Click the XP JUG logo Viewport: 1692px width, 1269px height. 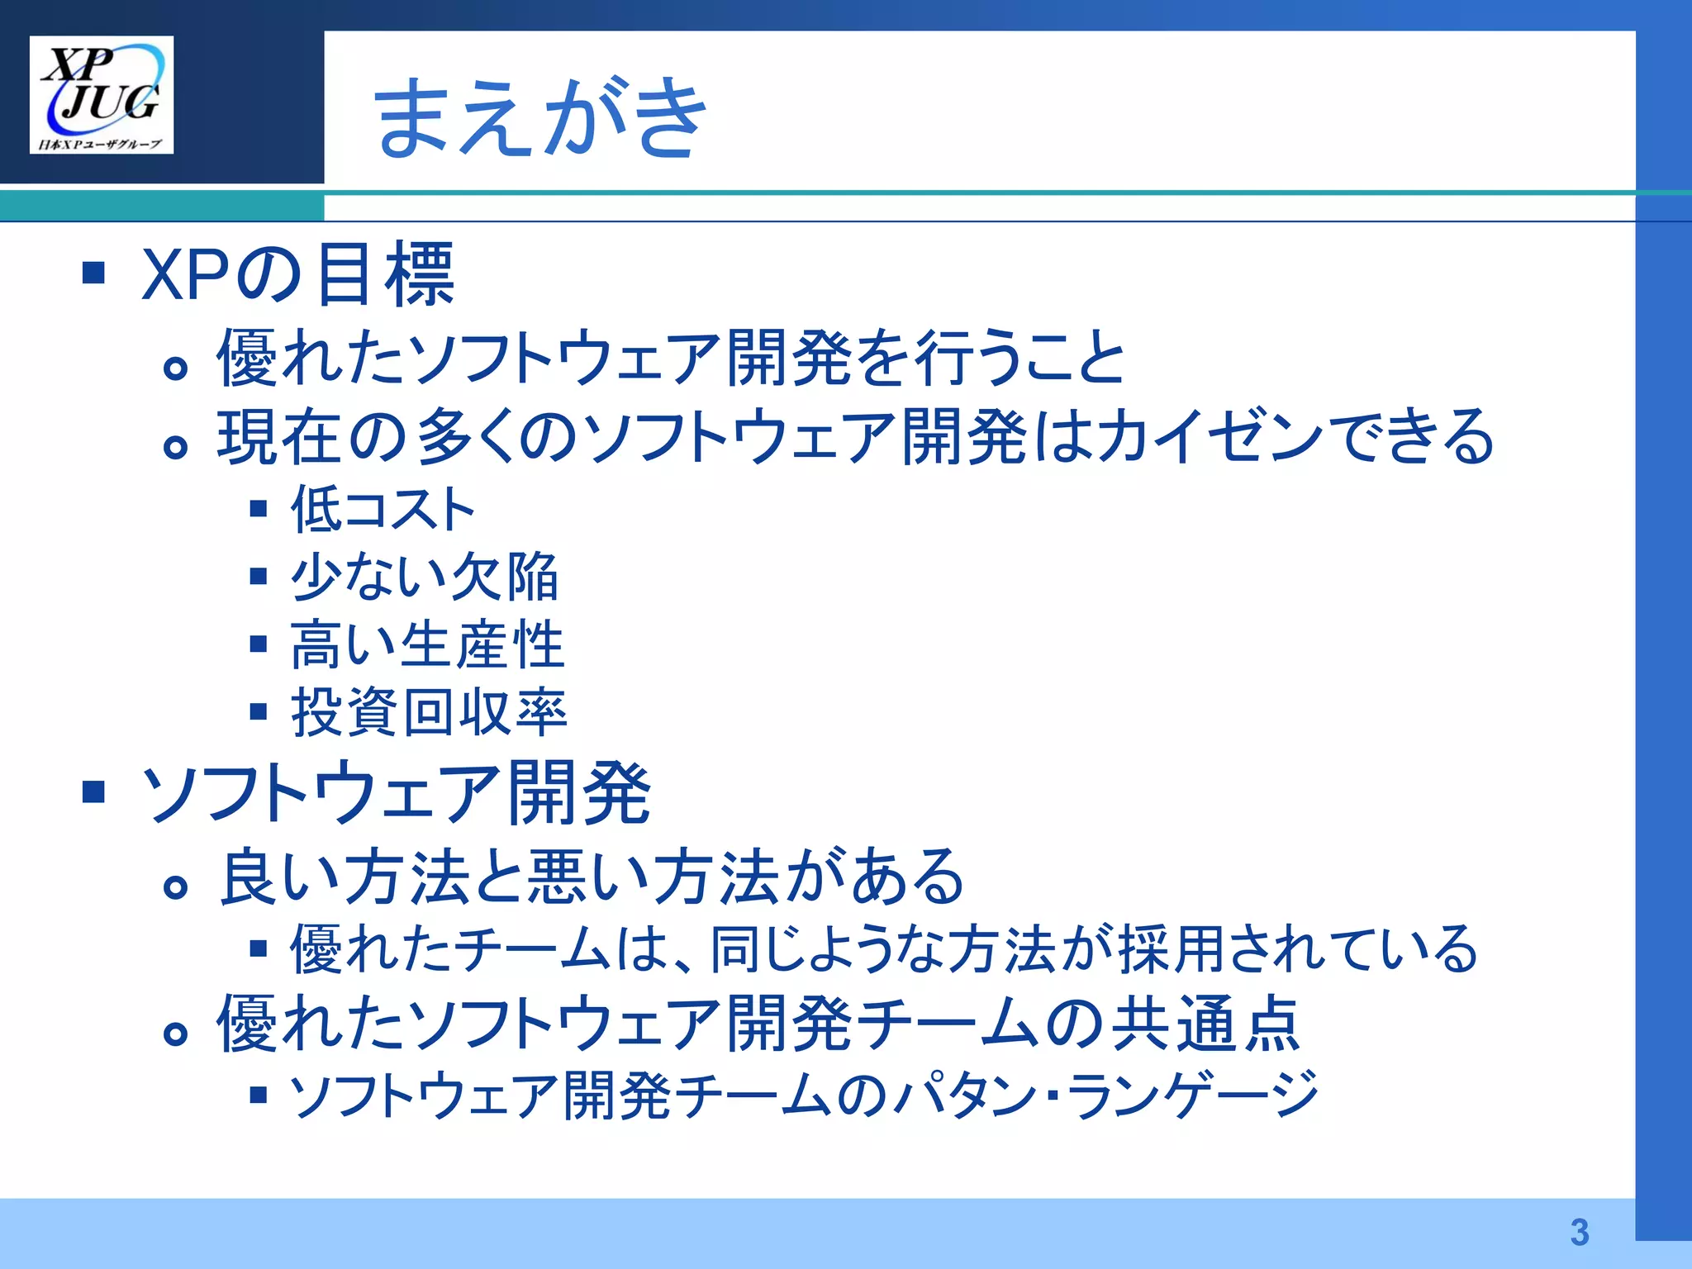pos(102,94)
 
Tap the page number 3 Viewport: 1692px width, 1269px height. pos(1579,1232)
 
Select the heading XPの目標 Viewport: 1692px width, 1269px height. pos(298,273)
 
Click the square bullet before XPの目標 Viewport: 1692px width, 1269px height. pos(94,273)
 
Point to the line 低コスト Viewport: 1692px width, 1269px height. pos(383,508)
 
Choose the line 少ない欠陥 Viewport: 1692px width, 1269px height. pos(425,576)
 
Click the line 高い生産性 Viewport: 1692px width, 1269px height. pos(427,644)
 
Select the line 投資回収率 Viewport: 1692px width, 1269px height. pos(429,712)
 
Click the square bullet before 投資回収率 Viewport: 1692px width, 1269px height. pos(259,711)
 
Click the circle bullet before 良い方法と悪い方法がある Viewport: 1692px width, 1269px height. pos(175,888)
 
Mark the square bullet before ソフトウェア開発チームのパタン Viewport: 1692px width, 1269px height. pos(259,1096)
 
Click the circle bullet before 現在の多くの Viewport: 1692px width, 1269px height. pos(175,447)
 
